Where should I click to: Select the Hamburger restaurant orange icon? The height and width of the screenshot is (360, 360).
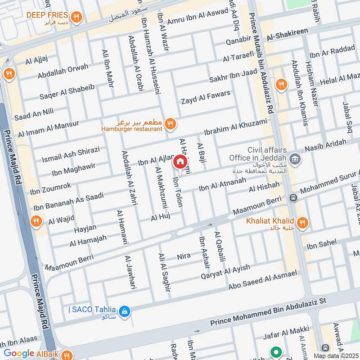pos(170,124)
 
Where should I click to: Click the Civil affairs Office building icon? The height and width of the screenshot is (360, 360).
pos(295,158)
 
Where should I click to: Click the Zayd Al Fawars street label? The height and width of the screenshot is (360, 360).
pos(205,97)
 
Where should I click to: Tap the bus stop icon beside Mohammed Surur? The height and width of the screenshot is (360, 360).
pos(293,198)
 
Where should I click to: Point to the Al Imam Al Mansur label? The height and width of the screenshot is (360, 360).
pos(48,128)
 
